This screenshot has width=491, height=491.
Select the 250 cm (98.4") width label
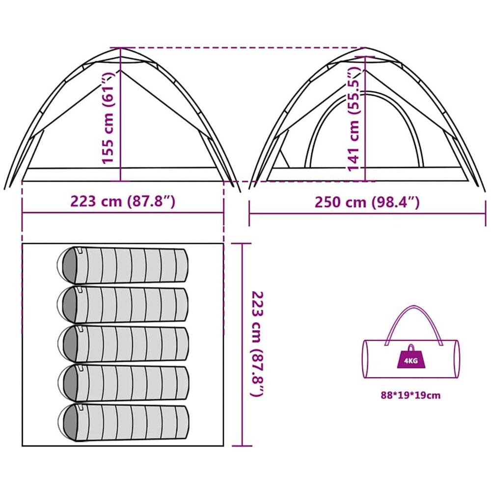[367, 202]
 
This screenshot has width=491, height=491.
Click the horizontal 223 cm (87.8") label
[123, 202]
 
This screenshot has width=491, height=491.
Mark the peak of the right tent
[365, 49]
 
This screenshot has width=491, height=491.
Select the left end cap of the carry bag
[366, 358]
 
